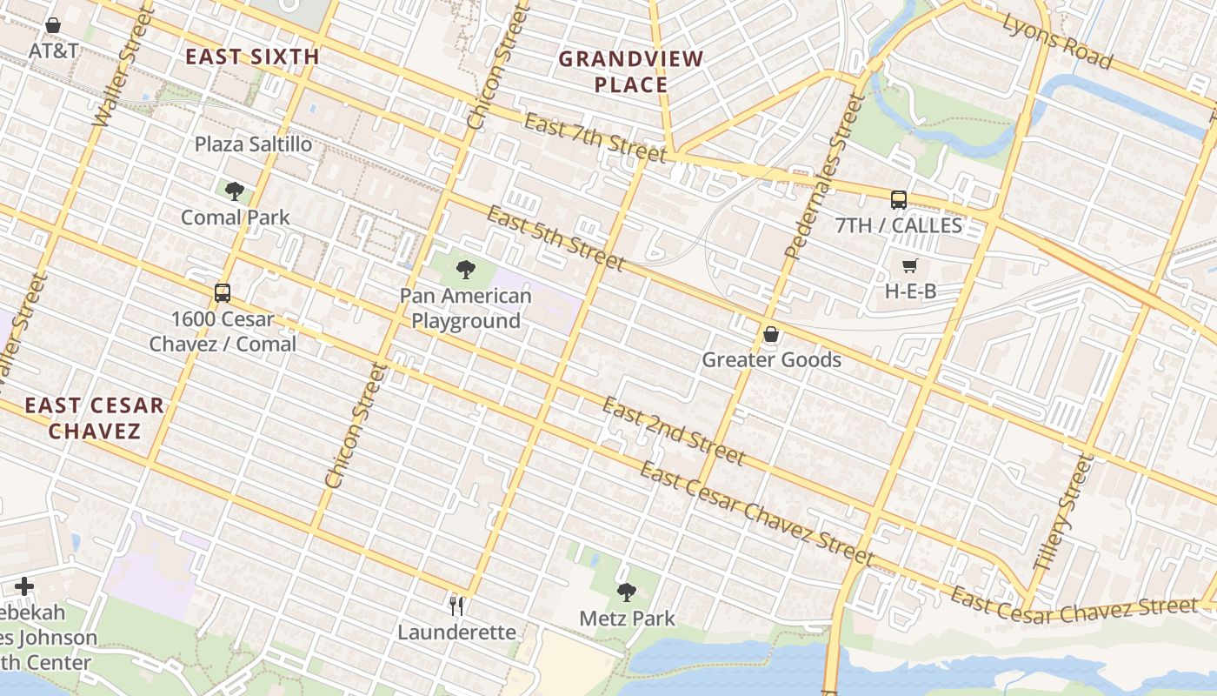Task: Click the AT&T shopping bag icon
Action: pyautogui.click(x=53, y=25)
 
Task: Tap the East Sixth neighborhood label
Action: pyautogui.click(x=253, y=57)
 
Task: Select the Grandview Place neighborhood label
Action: pyautogui.click(x=631, y=71)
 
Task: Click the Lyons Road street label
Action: pyautogui.click(x=1057, y=40)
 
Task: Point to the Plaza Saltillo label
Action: pyautogui.click(x=253, y=144)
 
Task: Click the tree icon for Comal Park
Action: pyautogui.click(x=234, y=191)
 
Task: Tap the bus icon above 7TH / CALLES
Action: pyautogui.click(x=899, y=199)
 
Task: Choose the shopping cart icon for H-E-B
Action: pyautogui.click(x=910, y=265)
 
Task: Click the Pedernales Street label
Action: pyautogui.click(x=821, y=177)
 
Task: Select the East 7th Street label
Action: pyautogui.click(x=595, y=137)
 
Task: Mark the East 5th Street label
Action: pyautogui.click(x=555, y=238)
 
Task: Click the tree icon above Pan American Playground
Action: pyautogui.click(x=466, y=269)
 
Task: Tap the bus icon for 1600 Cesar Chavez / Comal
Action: pyautogui.click(x=223, y=292)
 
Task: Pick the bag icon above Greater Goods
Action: pyautogui.click(x=771, y=333)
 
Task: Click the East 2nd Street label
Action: pyautogui.click(x=674, y=431)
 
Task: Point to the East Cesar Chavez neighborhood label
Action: pyautogui.click(x=94, y=418)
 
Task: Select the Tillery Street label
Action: pyautogui.click(x=1061, y=513)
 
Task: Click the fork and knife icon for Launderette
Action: pyautogui.click(x=456, y=605)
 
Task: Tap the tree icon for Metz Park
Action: pyautogui.click(x=627, y=592)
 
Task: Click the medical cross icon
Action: pyautogui.click(x=24, y=586)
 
